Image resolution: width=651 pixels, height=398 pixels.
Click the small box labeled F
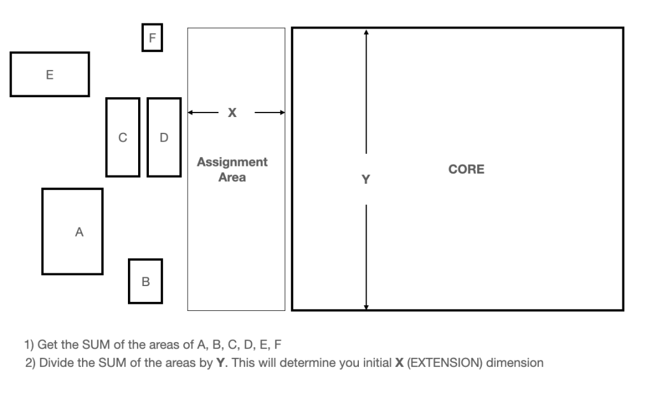pos(151,38)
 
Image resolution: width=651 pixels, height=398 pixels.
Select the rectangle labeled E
pos(50,74)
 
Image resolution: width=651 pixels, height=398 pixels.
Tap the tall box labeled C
pos(123,137)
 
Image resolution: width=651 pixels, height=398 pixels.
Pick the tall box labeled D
pos(164,137)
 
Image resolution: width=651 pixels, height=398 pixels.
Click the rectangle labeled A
pos(73,231)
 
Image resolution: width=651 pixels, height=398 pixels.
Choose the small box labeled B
pos(145,281)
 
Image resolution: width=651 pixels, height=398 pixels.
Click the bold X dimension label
pos(232,113)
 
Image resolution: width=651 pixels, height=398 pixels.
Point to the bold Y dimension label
pos(365,179)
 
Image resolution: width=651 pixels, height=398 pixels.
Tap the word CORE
pos(466,169)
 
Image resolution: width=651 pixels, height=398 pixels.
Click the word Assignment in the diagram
pos(232,162)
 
